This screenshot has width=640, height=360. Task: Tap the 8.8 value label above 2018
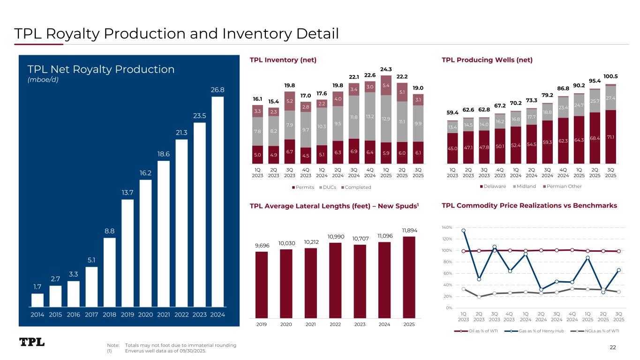(x=110, y=231)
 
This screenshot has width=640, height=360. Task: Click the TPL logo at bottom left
(x=32, y=342)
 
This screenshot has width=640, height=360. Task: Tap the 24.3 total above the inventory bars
(x=386, y=70)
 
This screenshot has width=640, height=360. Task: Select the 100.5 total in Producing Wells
(x=610, y=76)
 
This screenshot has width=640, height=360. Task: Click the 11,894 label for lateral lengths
(x=409, y=230)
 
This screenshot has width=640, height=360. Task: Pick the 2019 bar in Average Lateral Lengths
(x=262, y=285)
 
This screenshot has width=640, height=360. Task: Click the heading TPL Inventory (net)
(x=283, y=60)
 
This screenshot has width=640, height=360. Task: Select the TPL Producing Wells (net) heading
(x=487, y=60)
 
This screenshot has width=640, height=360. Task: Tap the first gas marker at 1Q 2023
(x=463, y=230)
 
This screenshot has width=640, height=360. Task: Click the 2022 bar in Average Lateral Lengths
(x=335, y=280)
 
